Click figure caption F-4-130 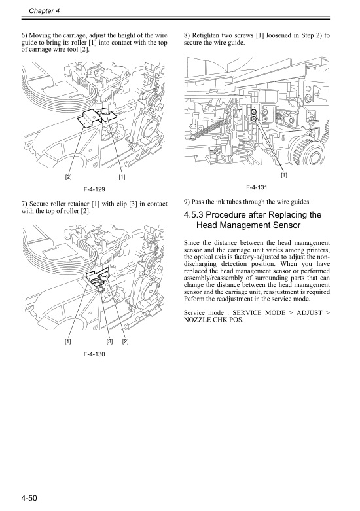point(96,354)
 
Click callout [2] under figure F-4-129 point(68,177)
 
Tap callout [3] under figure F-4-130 point(109,341)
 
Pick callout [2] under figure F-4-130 point(124,341)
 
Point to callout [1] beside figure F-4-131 point(283,175)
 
